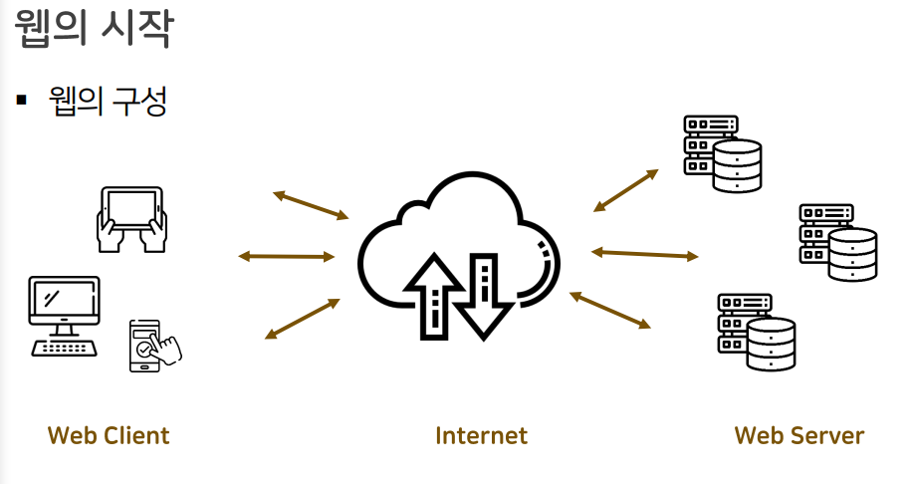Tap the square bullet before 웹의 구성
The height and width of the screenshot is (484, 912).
tap(20, 101)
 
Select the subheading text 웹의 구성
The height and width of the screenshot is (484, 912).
tap(107, 101)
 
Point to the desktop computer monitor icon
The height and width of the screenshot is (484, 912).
tap(64, 306)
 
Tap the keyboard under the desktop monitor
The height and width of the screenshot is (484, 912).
tap(65, 347)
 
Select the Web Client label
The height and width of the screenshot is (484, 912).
tap(109, 435)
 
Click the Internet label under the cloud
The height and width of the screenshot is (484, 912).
tap(481, 435)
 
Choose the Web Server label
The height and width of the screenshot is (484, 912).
tap(798, 435)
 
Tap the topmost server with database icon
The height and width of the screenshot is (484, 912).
tap(723, 153)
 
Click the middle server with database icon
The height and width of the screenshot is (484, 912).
tap(838, 242)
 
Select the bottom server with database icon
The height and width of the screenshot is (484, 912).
tap(757, 332)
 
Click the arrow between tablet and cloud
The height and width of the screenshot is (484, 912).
tap(311, 204)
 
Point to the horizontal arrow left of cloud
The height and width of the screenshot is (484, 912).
tap(287, 256)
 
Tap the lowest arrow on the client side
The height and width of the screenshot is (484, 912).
tap(304, 318)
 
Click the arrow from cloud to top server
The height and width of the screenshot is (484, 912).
tap(625, 190)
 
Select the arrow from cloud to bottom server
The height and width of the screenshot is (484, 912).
tap(609, 310)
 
